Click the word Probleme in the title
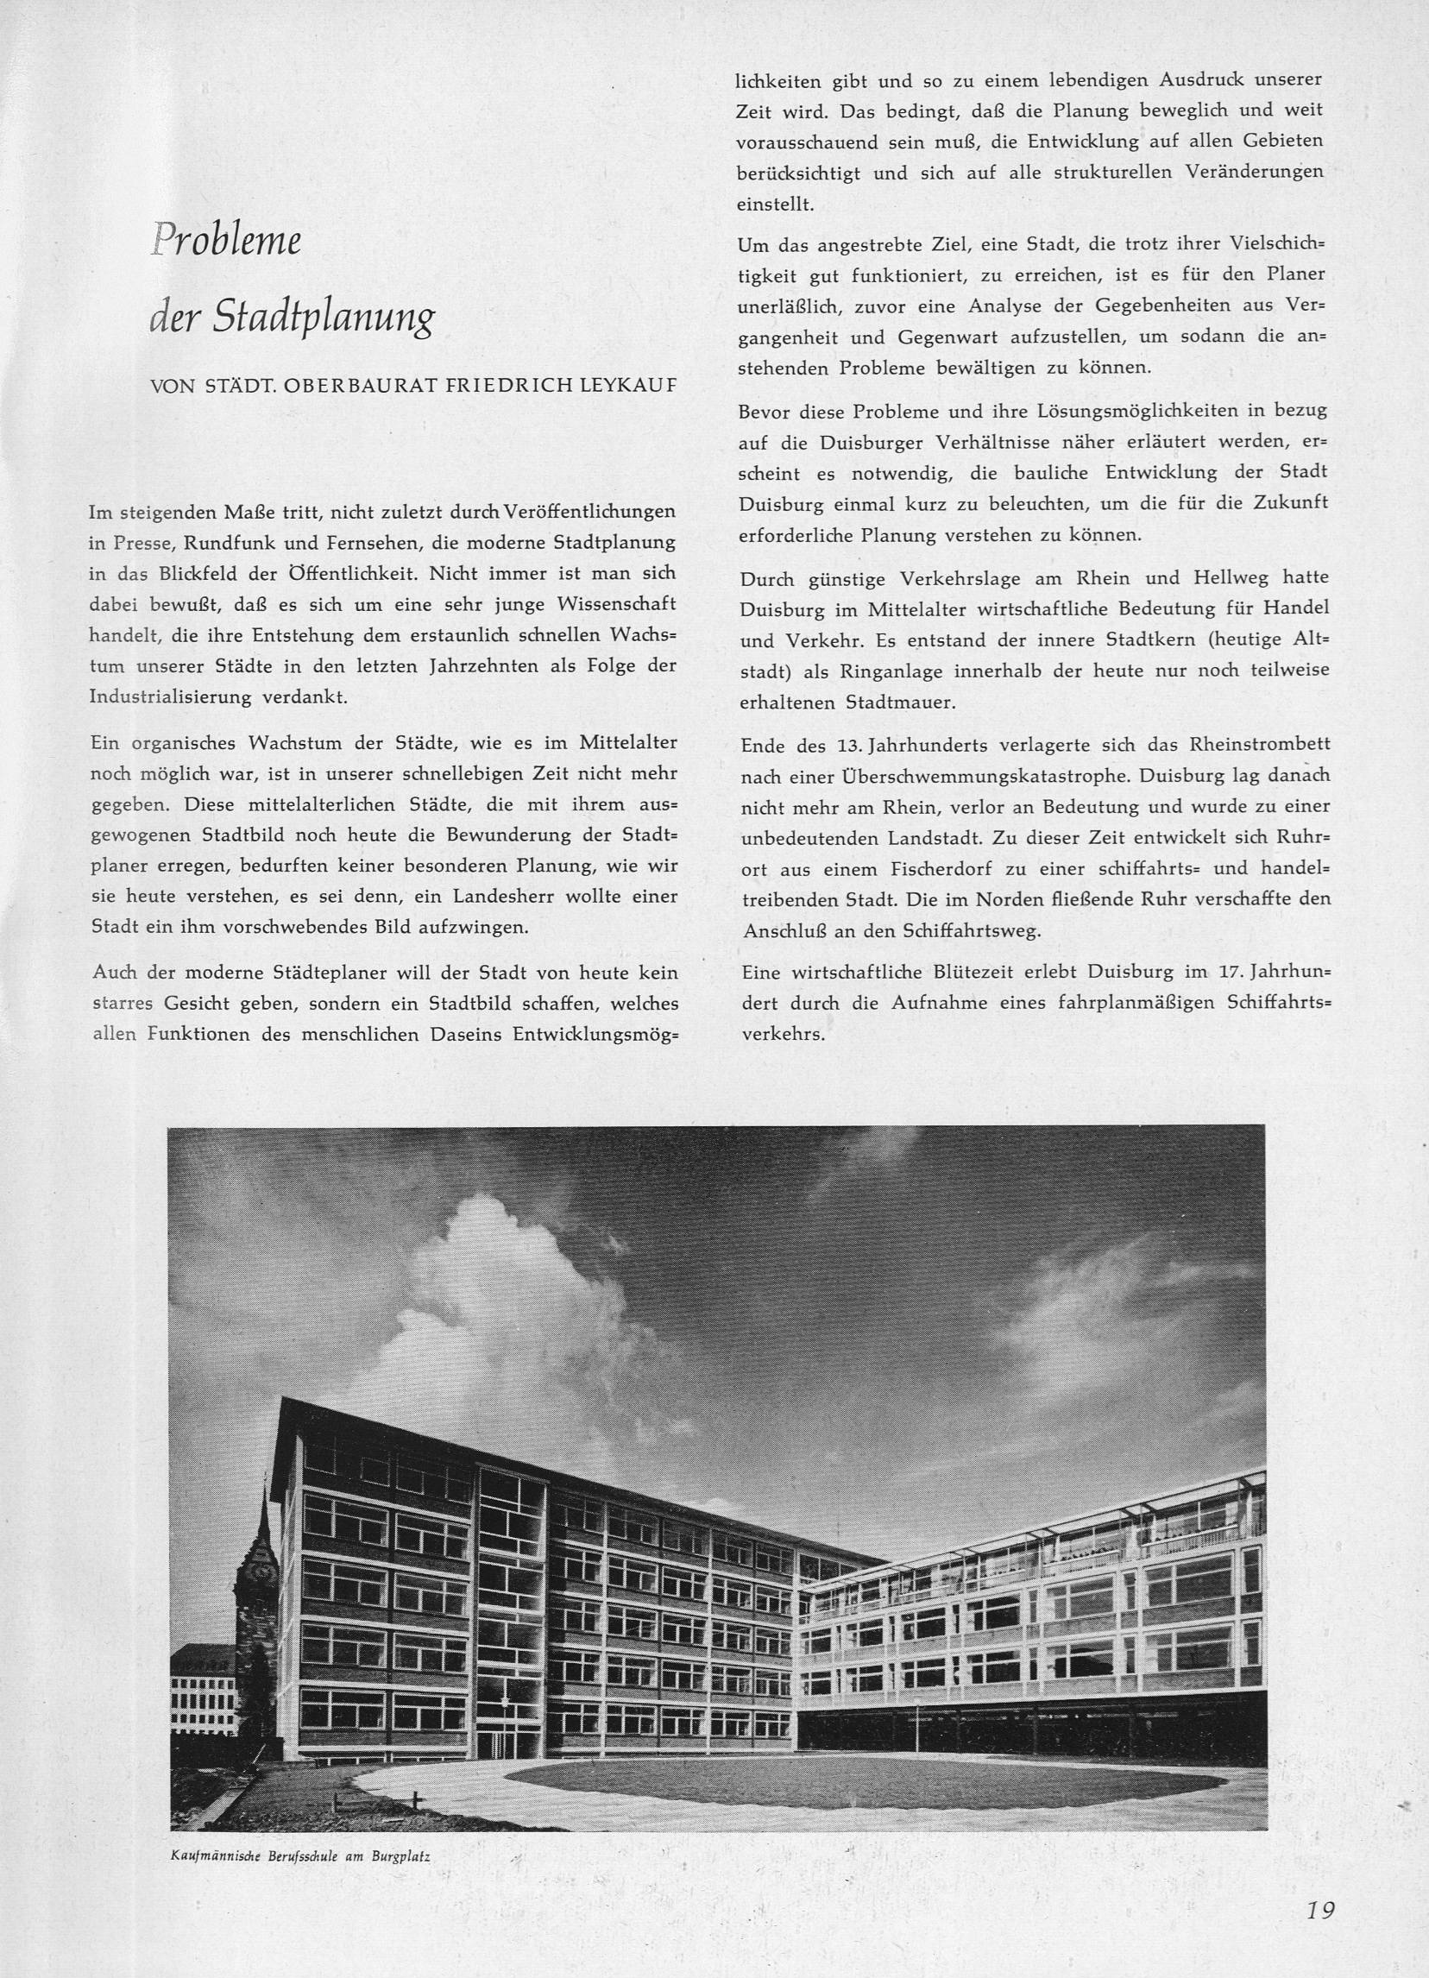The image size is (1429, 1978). coord(226,240)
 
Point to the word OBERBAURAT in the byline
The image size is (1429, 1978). coord(346,385)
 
